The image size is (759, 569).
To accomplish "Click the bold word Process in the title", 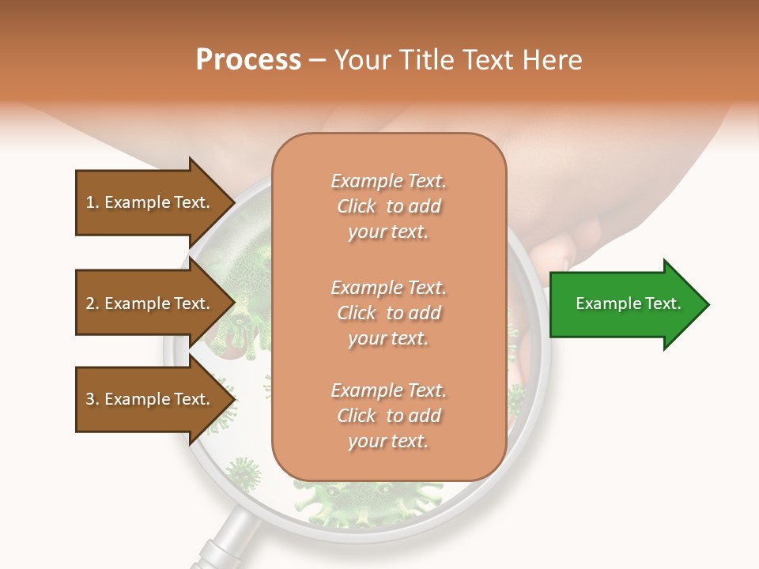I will click(x=248, y=60).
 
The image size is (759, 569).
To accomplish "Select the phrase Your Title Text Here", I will click(x=458, y=60).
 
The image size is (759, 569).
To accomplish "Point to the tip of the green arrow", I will click(x=708, y=304).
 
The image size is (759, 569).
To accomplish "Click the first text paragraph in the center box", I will click(x=388, y=206).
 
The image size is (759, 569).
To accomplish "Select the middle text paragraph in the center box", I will click(x=388, y=313).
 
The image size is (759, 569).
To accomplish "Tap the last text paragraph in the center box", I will click(x=388, y=416).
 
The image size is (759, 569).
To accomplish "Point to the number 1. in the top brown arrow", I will click(x=93, y=202).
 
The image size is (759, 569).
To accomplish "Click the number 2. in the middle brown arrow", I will click(x=93, y=303).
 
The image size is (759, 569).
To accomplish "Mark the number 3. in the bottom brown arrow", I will click(x=93, y=399).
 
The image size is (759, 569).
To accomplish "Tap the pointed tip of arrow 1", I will click(x=234, y=202).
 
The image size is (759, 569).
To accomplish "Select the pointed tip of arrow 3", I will click(x=234, y=399).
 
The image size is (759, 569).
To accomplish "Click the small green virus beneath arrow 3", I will click(x=245, y=474).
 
